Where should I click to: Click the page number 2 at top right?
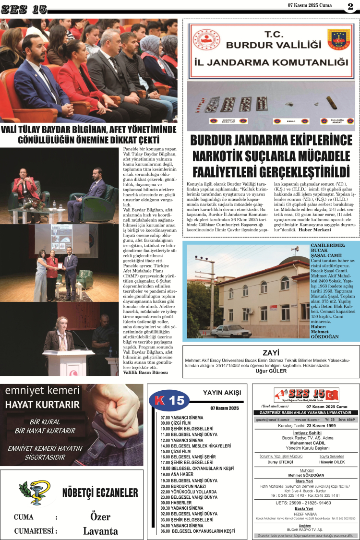(x=350, y=7)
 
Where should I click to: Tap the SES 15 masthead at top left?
(x=24, y=9)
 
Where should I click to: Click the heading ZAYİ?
(x=271, y=353)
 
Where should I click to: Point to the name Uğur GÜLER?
(x=271, y=371)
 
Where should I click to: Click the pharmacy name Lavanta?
(x=100, y=531)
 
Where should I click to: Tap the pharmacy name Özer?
(x=100, y=516)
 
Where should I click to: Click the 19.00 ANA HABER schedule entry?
(x=178, y=474)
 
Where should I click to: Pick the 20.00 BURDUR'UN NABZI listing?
(x=185, y=485)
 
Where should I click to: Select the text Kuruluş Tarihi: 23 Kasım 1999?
(x=306, y=426)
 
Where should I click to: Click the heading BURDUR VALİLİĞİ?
(x=274, y=45)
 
